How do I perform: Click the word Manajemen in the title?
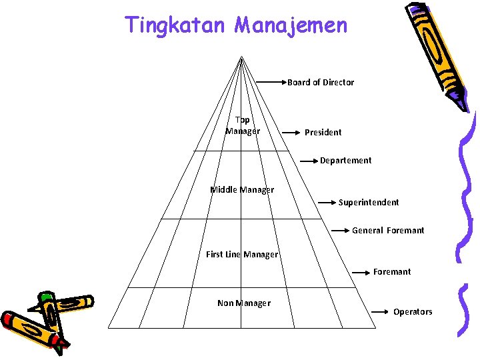[x=291, y=25]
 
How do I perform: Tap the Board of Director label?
[x=321, y=83]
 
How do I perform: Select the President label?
[x=323, y=133]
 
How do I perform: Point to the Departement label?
[x=345, y=161]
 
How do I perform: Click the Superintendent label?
[x=369, y=203]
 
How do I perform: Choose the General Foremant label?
[x=388, y=231]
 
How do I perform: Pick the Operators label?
[x=413, y=312]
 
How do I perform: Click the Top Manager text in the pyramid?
[x=243, y=125]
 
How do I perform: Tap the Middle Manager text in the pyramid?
[x=242, y=190]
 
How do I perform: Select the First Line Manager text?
[x=242, y=255]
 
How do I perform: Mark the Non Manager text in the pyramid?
[x=244, y=303]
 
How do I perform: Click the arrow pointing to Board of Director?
[x=271, y=83]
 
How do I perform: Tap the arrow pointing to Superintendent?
[x=327, y=201]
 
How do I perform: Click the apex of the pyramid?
[x=241, y=58]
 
